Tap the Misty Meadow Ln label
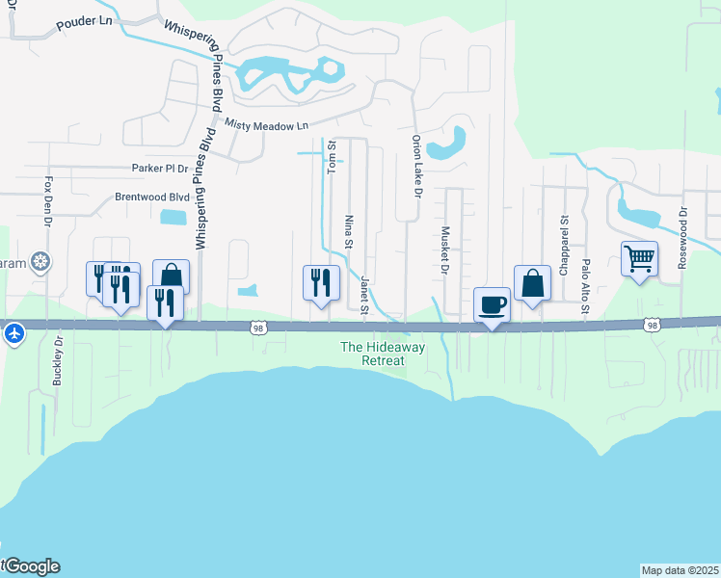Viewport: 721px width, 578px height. coord(266,125)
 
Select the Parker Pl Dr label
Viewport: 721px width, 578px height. coord(160,168)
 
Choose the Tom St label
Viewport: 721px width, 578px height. coord(331,157)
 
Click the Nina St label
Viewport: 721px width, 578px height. coord(349,232)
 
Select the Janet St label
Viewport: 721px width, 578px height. coord(365,296)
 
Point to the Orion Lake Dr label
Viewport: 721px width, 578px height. coord(417,166)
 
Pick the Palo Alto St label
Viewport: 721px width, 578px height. coord(585,285)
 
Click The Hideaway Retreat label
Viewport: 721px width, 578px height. coord(372,354)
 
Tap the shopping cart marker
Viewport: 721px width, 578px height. coord(640,258)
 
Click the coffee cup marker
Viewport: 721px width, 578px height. coord(492,304)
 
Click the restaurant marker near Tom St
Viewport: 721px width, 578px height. coord(322,282)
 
